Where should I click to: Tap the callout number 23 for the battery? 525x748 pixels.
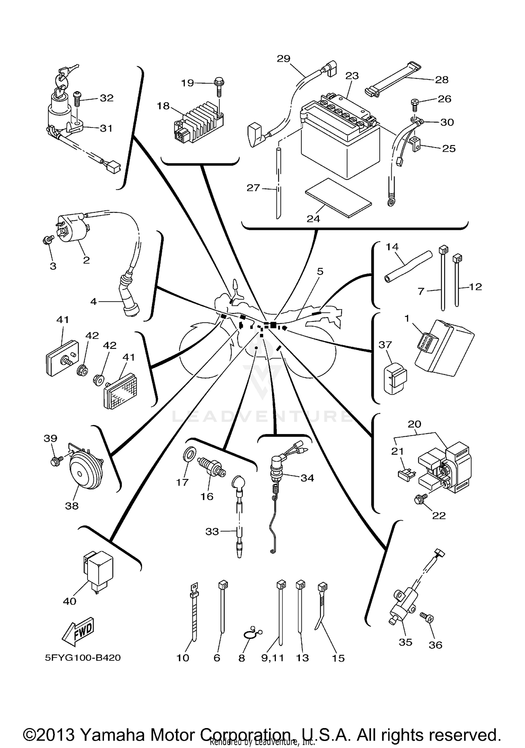point(352,76)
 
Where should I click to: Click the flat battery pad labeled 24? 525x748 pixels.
point(338,198)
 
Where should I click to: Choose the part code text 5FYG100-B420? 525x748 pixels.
point(83,658)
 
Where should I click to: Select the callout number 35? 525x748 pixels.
point(405,642)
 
